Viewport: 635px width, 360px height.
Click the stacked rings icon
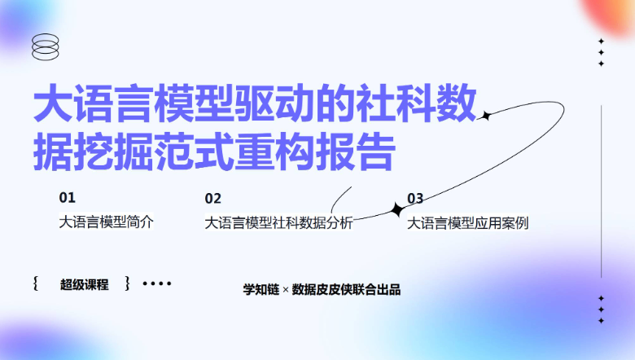[46, 40]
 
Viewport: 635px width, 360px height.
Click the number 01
[68, 198]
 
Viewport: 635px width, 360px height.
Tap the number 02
[213, 199]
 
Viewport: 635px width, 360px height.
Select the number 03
[415, 199]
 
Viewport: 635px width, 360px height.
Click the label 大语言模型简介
[106, 222]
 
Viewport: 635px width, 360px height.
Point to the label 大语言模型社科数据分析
[278, 222]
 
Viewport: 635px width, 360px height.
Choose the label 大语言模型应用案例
[468, 222]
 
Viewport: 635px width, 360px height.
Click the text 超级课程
[84, 284]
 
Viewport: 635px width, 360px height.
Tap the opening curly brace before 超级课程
[36, 283]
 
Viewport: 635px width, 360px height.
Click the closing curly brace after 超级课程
[127, 283]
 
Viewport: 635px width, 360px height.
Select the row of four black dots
[157, 283]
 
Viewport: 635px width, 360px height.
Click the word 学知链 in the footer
[261, 289]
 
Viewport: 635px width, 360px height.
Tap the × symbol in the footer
[286, 290]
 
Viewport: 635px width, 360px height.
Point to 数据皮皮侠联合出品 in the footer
[346, 289]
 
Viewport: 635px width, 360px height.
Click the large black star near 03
[397, 210]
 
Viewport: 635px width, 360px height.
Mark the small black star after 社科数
[486, 116]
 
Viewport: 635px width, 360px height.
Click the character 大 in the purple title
[54, 103]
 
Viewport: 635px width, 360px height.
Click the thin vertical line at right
[602, 191]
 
